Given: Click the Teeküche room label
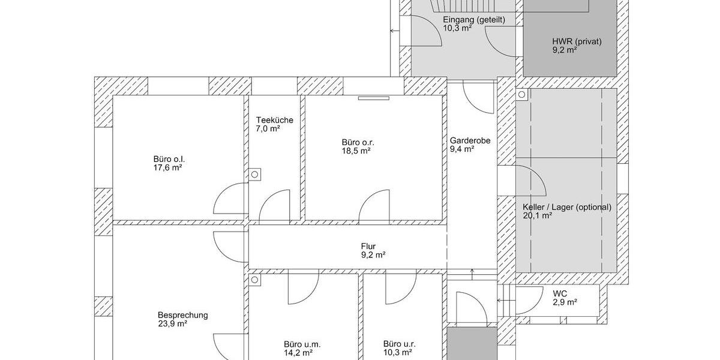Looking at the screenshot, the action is [275, 120].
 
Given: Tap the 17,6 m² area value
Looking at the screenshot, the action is [168, 168].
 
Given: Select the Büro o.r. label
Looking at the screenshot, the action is [358, 142].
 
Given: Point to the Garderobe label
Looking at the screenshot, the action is [470, 140].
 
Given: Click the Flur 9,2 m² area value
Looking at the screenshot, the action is [373, 255].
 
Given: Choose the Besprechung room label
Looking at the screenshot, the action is [182, 316].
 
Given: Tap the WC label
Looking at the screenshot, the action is [560, 293].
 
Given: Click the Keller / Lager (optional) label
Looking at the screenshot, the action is [567, 208].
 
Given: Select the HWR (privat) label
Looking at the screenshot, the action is [577, 41].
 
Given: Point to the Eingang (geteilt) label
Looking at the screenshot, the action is [474, 20].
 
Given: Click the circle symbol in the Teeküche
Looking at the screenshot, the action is [254, 175].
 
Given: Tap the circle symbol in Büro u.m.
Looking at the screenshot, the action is [254, 280].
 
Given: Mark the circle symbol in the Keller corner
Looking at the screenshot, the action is [521, 95].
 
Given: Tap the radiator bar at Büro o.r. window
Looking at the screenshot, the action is [374, 98].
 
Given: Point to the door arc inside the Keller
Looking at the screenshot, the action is [538, 175].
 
